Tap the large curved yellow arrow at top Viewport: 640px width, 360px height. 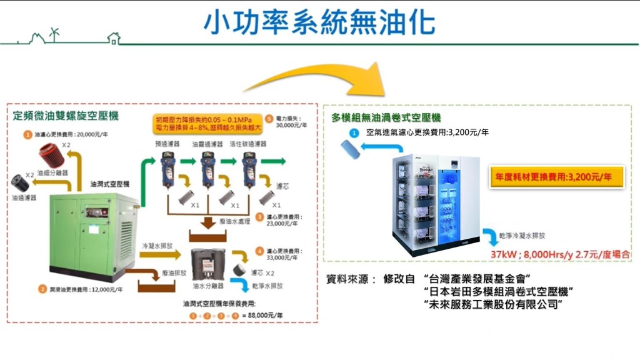pos(325,81)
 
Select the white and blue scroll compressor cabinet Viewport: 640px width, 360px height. pos(436,207)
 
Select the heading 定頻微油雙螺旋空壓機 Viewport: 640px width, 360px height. pos(66,116)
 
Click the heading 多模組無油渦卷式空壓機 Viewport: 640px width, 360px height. pos(386,117)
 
